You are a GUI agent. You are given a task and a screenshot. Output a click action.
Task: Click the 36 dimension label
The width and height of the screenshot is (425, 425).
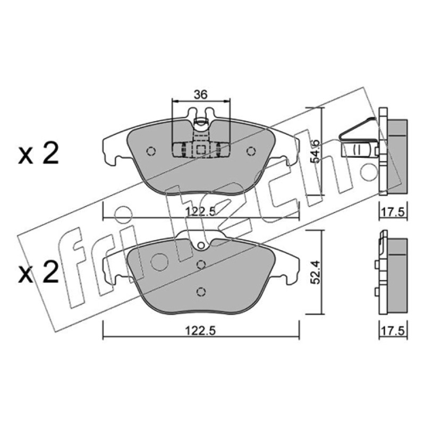coord(201,95)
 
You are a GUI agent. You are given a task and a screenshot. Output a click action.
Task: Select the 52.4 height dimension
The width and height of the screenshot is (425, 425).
coord(316,272)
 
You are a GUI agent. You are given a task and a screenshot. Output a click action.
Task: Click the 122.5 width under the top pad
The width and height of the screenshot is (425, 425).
coord(200,211)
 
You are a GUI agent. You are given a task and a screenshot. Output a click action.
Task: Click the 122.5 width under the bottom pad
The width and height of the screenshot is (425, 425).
coord(200,330)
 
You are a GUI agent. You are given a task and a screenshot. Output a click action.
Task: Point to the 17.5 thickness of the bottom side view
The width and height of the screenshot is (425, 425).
coord(393,330)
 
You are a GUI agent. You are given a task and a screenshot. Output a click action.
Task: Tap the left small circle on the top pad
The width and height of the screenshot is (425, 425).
coord(151,151)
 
